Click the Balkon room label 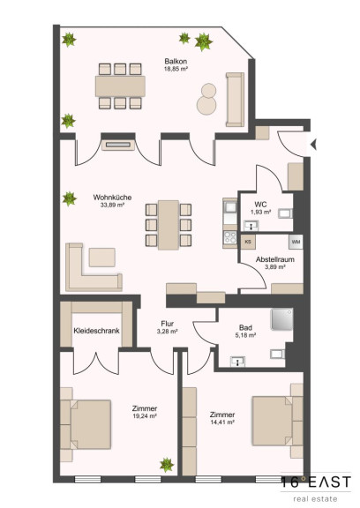coord(176,61)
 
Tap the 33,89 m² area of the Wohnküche coord(112,205)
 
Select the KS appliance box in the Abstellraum coord(248,242)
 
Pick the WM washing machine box coord(296,242)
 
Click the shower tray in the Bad coord(281,319)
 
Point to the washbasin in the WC coord(251,225)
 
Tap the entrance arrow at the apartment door coord(313,145)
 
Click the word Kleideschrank coord(96,331)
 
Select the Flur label coord(167,324)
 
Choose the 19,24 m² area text coord(145,416)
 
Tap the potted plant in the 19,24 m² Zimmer coord(167,465)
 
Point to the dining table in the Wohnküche coord(169,225)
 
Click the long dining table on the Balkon coord(120,86)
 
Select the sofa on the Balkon coord(235,100)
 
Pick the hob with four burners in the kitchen coord(230,237)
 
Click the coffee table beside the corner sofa coord(102,258)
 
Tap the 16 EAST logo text coord(316,482)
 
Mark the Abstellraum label coord(275,259)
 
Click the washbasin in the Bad coord(237,362)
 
